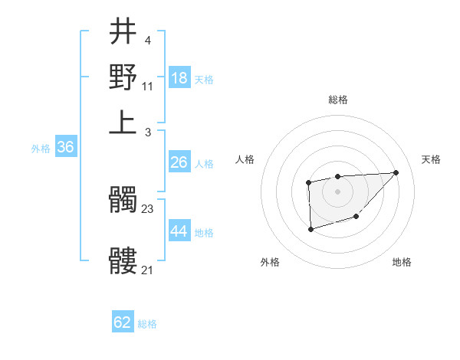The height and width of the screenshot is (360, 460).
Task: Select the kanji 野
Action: [123, 77]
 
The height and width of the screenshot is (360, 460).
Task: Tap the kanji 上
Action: [123, 122]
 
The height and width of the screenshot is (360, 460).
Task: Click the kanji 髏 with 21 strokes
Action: [123, 261]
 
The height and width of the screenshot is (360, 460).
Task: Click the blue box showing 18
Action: [179, 78]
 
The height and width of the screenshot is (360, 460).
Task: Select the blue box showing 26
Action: [179, 162]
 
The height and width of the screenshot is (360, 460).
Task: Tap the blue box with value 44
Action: [179, 231]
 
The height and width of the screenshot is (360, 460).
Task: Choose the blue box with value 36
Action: [65, 148]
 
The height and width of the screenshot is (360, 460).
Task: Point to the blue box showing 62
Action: [123, 322]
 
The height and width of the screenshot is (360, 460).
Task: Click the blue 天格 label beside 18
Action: [204, 80]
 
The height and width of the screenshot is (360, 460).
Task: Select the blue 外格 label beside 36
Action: [41, 149]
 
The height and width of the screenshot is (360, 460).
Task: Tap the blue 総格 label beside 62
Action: [147, 324]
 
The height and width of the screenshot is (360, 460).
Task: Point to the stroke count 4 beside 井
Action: [147, 39]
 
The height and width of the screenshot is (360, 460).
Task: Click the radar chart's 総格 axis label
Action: [337, 100]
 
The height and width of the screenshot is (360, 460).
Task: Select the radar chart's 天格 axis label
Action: [431, 159]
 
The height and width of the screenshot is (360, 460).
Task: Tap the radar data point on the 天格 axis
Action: [396, 172]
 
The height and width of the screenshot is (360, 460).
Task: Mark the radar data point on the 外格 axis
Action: [310, 229]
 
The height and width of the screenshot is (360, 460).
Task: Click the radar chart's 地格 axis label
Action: [402, 262]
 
